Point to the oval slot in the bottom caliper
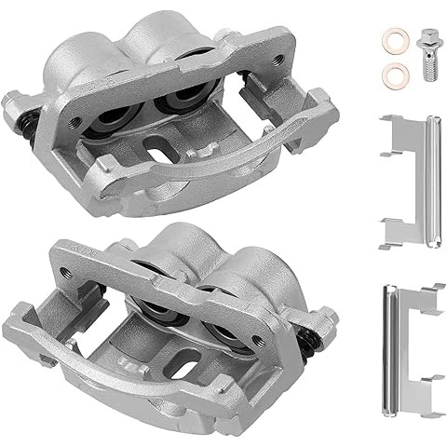[184, 359]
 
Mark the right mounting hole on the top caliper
[279, 58]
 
